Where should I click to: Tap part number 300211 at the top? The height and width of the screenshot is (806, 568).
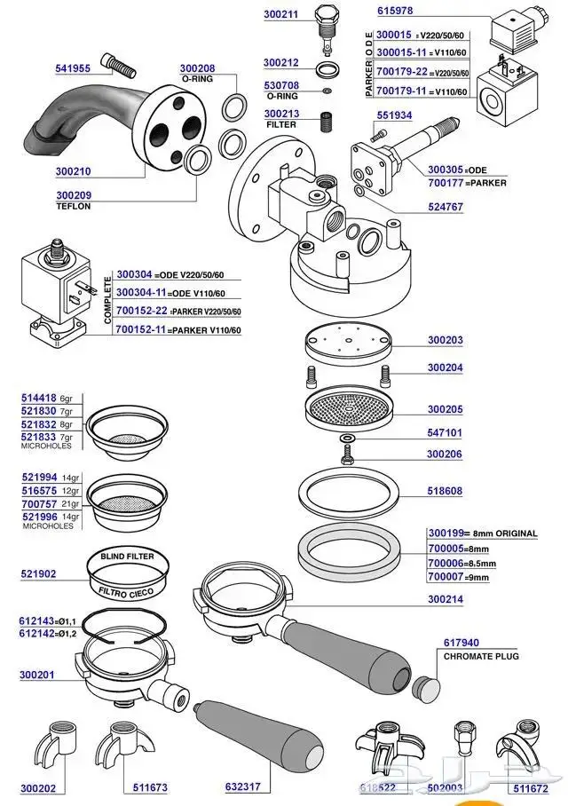point(281,15)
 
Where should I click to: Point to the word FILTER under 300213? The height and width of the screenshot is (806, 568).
point(280,125)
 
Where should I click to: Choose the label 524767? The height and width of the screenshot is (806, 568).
point(446,206)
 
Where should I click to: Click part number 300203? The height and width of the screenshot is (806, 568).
point(445,340)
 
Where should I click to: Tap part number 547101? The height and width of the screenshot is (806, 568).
point(445,432)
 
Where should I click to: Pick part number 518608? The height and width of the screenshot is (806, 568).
point(445,490)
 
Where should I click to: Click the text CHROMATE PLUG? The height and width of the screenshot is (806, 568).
point(480,656)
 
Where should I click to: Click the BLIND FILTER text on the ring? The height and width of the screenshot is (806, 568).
point(127,557)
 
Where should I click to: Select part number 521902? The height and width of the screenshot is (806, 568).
point(38,574)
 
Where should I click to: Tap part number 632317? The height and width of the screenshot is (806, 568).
point(243,786)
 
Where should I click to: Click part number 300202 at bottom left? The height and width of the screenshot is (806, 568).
point(38,787)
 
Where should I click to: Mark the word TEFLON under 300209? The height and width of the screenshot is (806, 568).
point(74,206)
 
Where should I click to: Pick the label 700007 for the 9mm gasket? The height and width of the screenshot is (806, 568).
point(445,578)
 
